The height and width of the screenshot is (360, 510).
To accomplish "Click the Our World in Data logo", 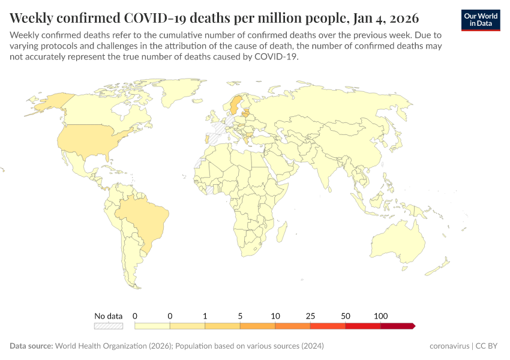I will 481,20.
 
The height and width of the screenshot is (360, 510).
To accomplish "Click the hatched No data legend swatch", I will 108,326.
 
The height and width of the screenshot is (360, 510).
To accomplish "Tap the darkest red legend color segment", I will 397,326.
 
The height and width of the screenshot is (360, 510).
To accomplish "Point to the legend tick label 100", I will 380,316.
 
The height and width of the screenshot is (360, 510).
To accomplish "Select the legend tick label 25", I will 310,316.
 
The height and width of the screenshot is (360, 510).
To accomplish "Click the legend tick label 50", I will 346,316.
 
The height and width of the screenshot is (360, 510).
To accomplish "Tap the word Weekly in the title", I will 34,16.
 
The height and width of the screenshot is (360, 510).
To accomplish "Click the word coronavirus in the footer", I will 450,346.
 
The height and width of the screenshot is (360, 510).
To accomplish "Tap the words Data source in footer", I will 31,346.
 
